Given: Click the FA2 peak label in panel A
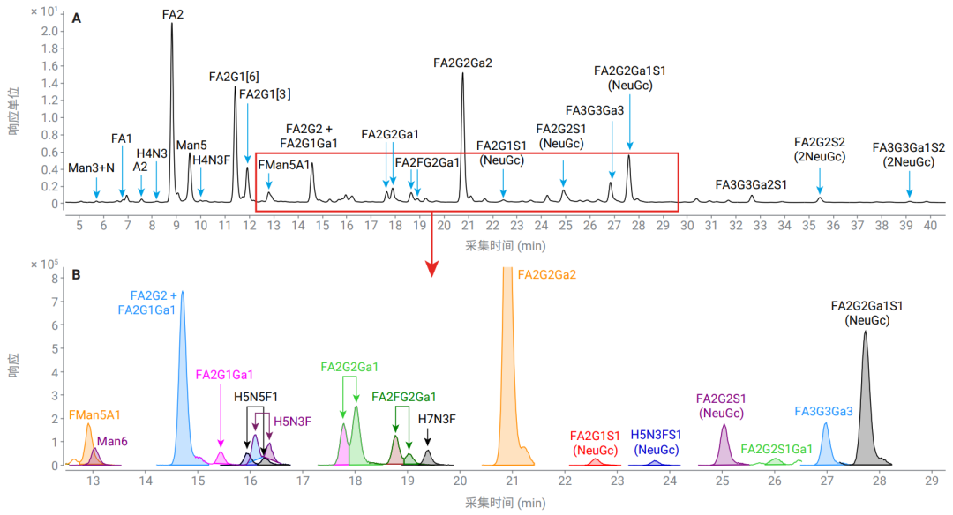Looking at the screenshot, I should (173, 14).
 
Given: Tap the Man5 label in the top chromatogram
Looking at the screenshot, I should (191, 145).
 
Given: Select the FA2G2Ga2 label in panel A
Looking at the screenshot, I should (462, 63).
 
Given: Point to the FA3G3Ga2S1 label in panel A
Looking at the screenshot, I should (751, 185).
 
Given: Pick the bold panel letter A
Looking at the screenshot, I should (77, 18).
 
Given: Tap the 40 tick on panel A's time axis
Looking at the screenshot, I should (931, 226).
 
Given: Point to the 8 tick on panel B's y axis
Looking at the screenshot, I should (55, 279).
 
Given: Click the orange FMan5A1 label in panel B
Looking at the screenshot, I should (94, 414).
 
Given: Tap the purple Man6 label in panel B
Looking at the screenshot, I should (112, 440).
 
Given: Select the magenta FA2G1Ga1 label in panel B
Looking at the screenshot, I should (224, 374).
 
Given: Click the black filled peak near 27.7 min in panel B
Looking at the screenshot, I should (866, 414).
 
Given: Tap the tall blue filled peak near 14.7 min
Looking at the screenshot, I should (183, 397).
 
